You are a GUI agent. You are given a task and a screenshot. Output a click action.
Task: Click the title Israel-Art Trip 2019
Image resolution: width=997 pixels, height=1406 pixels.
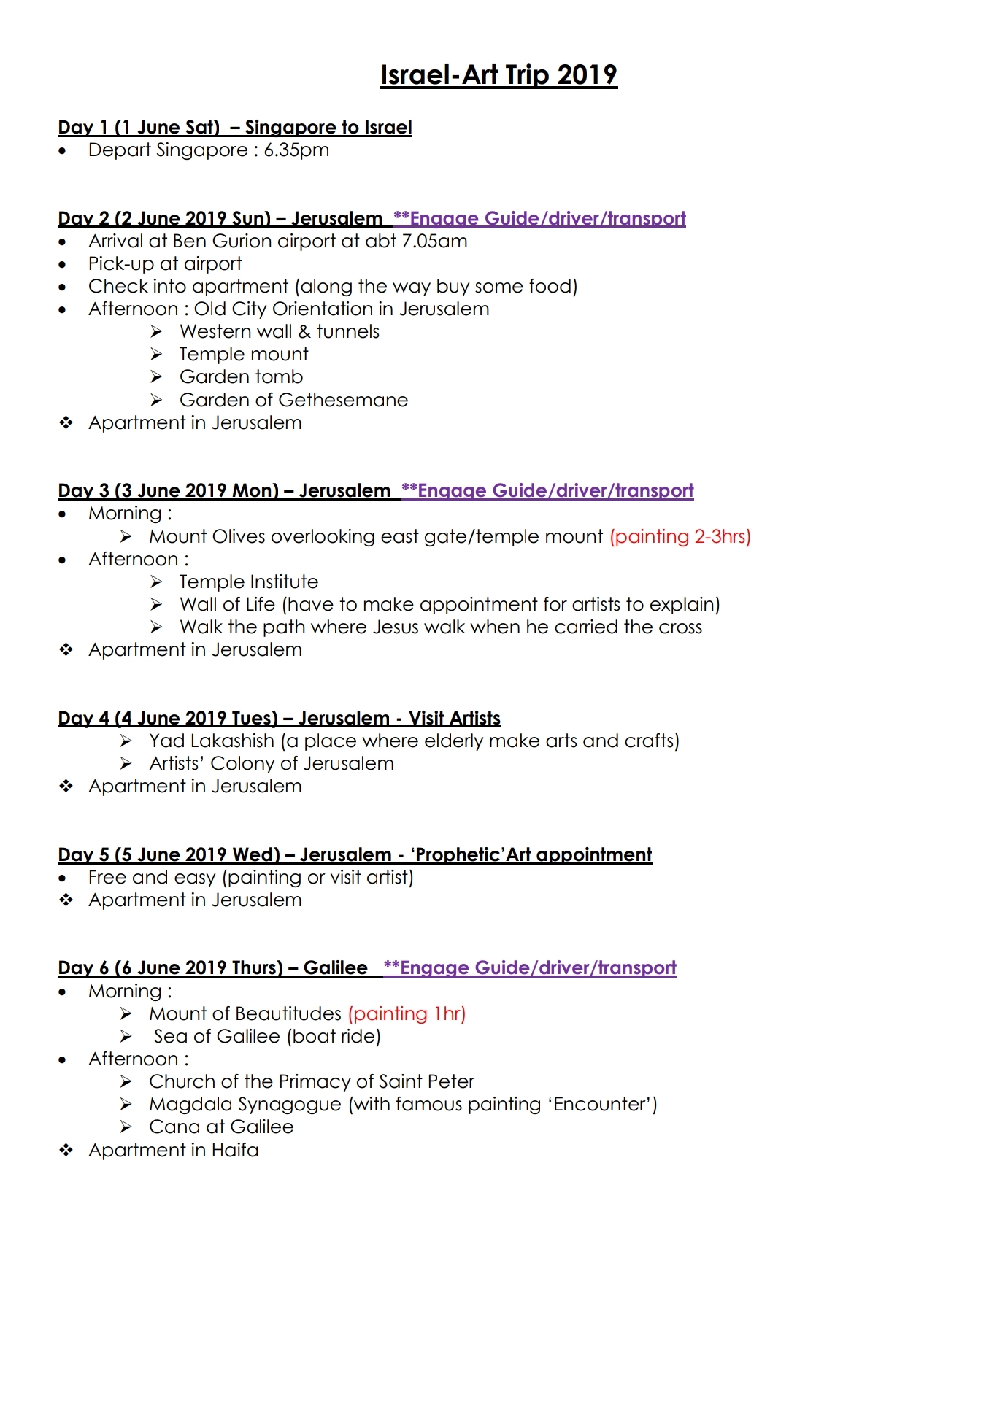(x=498, y=75)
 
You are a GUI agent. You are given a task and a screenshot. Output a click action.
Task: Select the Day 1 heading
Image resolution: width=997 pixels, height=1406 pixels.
(x=234, y=128)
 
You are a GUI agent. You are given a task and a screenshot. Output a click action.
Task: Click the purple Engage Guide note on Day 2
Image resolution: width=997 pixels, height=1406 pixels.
(x=539, y=219)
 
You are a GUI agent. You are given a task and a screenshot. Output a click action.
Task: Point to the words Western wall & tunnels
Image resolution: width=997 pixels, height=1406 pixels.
(x=280, y=332)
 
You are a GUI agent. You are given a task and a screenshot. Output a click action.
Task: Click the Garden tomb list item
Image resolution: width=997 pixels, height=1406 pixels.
(x=241, y=377)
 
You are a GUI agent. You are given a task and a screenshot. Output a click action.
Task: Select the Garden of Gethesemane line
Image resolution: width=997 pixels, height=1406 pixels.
(x=293, y=401)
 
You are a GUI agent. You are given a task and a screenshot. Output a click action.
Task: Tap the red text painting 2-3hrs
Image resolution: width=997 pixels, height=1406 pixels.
(x=680, y=537)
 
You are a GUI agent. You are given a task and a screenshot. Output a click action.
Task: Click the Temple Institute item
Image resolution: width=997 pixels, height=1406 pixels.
(x=249, y=582)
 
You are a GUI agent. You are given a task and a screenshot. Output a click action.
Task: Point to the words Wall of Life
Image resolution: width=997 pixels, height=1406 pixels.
(x=227, y=605)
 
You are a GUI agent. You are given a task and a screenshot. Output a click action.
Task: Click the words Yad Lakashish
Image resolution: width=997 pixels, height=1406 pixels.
(x=212, y=741)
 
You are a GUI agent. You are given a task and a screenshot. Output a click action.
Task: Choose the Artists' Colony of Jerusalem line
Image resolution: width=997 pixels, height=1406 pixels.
(x=272, y=764)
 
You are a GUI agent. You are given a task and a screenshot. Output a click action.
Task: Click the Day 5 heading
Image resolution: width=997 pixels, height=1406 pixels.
(x=355, y=855)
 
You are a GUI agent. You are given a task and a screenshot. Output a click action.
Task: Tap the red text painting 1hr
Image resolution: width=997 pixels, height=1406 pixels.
(x=407, y=1014)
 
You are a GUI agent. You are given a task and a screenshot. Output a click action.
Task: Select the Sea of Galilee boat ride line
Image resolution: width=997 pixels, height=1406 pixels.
(x=267, y=1037)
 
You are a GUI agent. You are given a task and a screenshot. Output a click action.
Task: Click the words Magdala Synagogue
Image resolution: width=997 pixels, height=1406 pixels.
(x=245, y=1105)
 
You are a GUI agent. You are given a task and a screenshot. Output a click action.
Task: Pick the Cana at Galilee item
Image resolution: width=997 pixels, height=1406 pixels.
(x=221, y=1127)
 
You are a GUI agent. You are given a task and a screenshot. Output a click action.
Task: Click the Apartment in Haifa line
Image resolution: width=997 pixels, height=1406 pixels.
(x=173, y=1151)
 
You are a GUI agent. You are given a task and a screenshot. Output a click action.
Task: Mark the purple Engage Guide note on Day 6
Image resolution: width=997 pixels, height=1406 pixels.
(x=530, y=968)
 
